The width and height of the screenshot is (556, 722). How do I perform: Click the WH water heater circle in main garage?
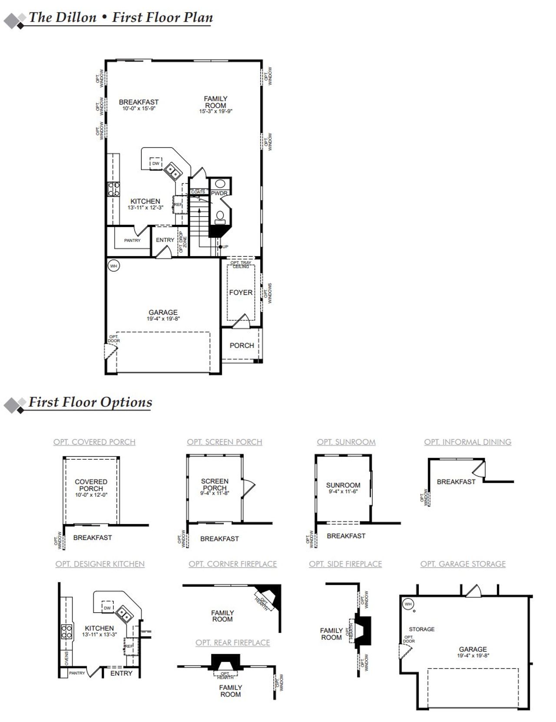[x=113, y=266]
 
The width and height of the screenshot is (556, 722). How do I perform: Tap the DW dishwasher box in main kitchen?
[x=156, y=164]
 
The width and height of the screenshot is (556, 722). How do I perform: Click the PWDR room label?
[x=219, y=193]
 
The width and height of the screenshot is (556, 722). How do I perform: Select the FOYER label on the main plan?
[x=241, y=293]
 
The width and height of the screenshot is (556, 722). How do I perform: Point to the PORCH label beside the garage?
[x=242, y=346]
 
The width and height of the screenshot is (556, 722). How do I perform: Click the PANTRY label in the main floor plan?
[x=132, y=240]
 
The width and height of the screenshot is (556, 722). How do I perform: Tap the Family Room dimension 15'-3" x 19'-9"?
[x=216, y=111]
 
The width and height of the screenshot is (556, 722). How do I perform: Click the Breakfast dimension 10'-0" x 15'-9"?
[x=139, y=109]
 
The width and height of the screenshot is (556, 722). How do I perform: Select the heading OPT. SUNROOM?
[x=346, y=442]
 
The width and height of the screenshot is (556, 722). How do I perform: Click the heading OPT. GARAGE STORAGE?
[x=463, y=564]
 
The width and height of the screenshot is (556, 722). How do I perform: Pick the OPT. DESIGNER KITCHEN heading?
[x=100, y=564]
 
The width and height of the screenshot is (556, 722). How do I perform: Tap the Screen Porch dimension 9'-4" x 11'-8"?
[x=215, y=493]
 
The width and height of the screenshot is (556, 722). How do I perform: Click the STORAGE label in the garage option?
[x=421, y=629]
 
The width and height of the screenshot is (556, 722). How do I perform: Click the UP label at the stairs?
[x=225, y=247]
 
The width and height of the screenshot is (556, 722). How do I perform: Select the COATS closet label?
[x=198, y=192]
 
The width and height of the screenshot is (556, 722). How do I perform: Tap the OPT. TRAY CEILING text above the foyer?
[x=241, y=264]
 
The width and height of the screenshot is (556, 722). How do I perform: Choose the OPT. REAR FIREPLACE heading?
[x=232, y=643]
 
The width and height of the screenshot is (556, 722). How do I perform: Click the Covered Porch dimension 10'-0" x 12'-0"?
[x=91, y=495]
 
